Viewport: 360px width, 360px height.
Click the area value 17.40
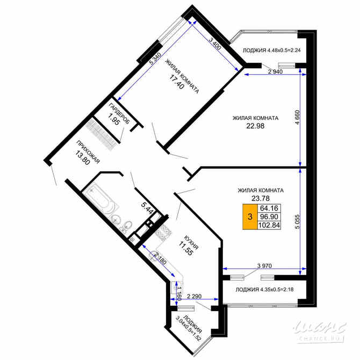tap(175, 85)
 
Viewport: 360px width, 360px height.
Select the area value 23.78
tap(261, 198)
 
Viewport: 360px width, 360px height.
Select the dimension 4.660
tap(305, 120)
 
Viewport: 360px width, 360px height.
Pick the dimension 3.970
tap(263, 265)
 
